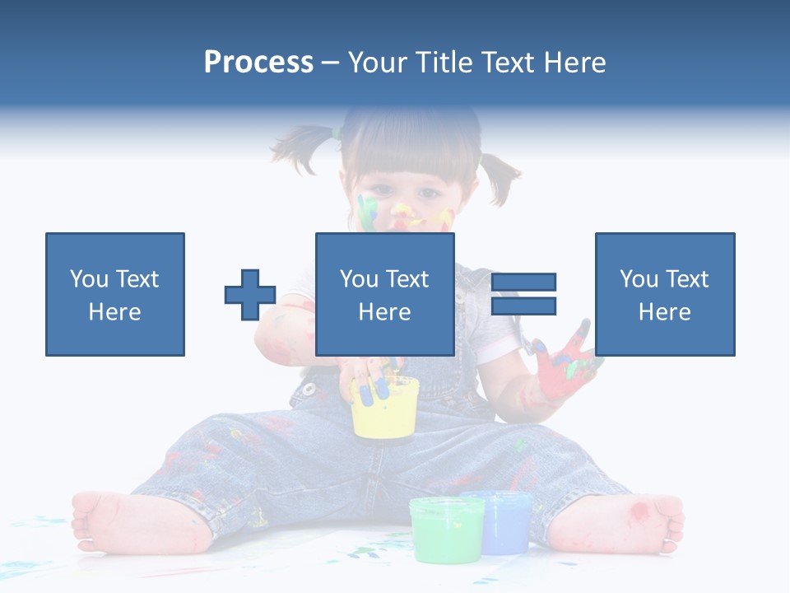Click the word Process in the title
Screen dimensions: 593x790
click(258, 63)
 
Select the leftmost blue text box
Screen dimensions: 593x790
click(115, 294)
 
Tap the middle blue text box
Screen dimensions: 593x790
click(384, 294)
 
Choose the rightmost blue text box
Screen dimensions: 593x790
click(664, 294)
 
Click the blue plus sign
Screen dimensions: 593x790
click(250, 295)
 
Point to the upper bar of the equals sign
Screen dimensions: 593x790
click(523, 282)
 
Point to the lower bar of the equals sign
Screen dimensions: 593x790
click(523, 306)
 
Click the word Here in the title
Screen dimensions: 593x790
click(575, 63)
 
